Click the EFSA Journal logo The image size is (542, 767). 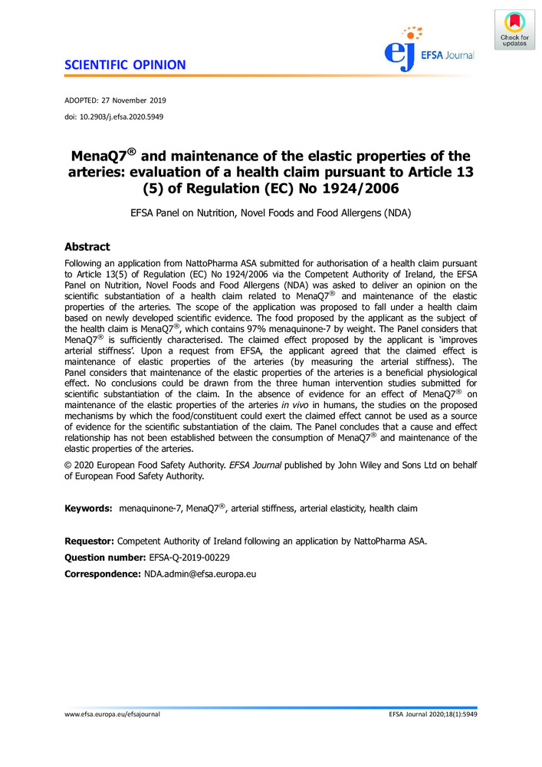pyautogui.click(x=429, y=47)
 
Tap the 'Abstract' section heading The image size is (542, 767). pyautogui.click(x=87, y=247)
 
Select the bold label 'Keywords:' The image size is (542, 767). pyautogui.click(x=89, y=509)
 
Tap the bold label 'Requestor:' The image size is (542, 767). pyautogui.click(x=90, y=540)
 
